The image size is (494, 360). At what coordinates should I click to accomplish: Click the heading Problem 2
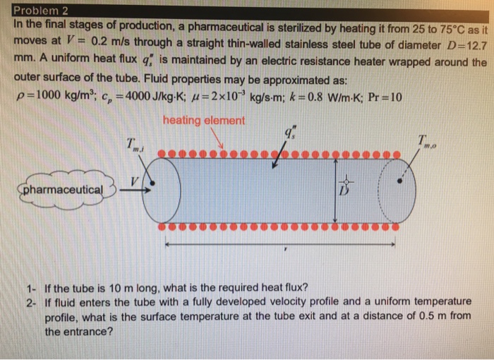pos(40,9)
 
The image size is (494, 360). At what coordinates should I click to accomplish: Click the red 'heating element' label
pos(204,120)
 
